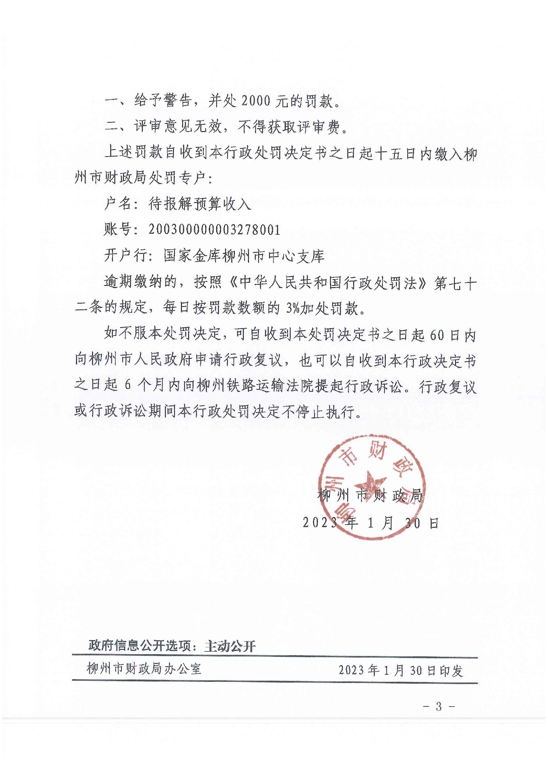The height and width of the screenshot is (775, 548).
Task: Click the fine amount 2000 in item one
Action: click(x=255, y=101)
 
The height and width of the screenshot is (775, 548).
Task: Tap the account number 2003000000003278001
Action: click(x=214, y=230)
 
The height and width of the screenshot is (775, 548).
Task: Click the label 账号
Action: click(x=118, y=230)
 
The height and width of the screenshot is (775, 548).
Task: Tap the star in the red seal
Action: click(x=370, y=483)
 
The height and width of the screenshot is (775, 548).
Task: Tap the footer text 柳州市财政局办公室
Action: click(x=144, y=669)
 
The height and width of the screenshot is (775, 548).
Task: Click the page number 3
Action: click(x=438, y=706)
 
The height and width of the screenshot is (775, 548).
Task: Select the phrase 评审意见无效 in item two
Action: click(x=178, y=127)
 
